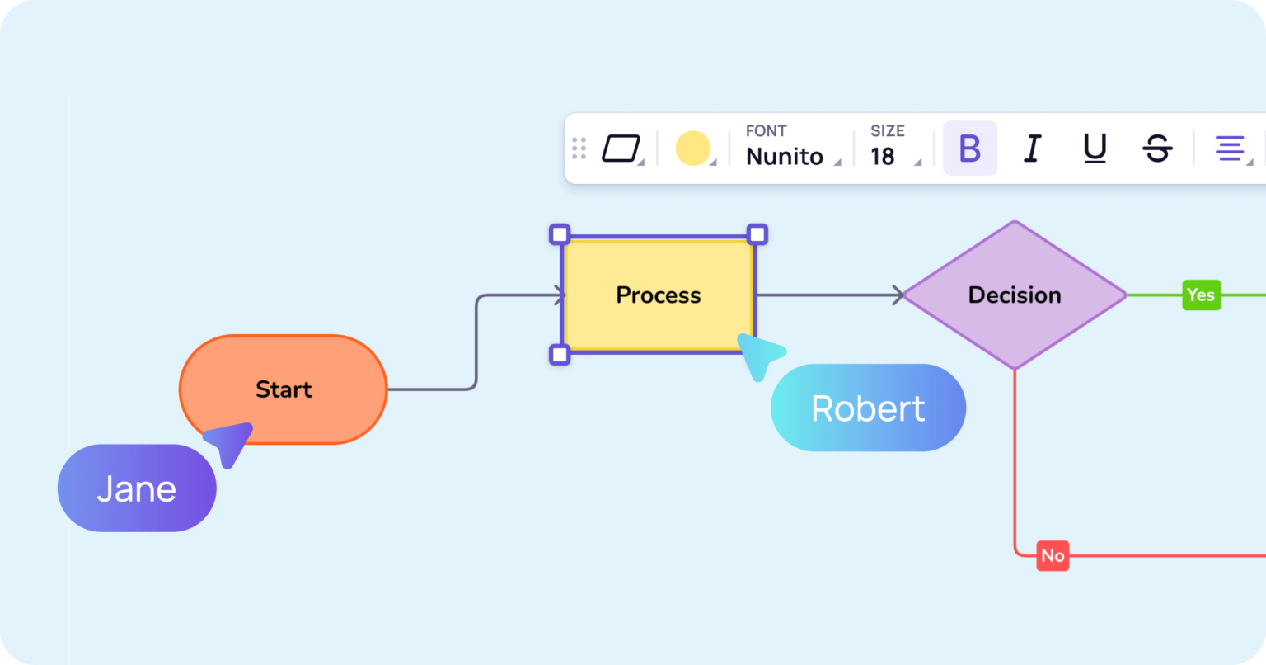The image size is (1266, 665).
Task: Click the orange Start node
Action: [283, 389]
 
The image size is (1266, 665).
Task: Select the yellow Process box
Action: [658, 295]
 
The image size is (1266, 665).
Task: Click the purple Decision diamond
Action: [1014, 295]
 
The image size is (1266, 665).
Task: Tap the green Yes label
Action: [1201, 295]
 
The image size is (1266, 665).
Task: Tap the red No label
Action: [1053, 556]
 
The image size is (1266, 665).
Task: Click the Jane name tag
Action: [137, 488]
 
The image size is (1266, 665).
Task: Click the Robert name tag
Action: [868, 408]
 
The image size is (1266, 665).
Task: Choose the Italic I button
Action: [1031, 149]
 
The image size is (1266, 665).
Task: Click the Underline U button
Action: [1094, 149]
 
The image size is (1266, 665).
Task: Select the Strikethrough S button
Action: [1157, 149]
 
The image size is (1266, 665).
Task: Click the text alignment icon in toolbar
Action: [1230, 149]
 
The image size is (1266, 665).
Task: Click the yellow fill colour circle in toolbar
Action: [693, 149]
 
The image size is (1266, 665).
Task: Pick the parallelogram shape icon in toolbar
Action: [621, 149]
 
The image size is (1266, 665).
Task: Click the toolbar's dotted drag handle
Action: [579, 149]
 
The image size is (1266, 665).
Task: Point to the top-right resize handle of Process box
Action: [757, 234]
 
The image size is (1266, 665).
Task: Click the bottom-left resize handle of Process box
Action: [560, 355]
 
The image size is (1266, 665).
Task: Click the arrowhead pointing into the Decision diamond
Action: [898, 295]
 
